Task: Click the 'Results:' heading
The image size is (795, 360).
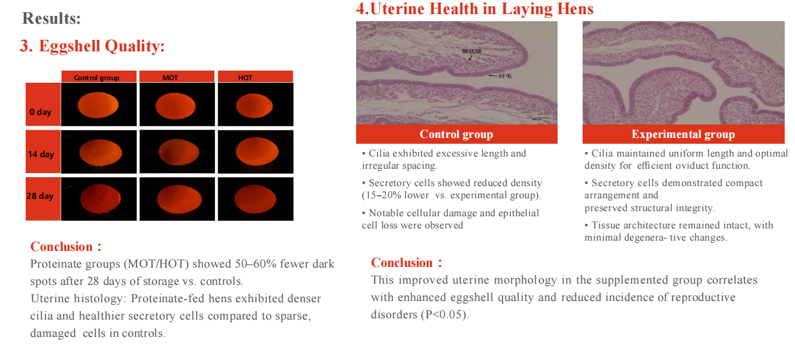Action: [51, 19]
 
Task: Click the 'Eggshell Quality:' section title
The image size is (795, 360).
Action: [101, 46]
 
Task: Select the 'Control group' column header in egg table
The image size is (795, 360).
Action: [99, 77]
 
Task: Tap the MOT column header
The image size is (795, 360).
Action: [176, 77]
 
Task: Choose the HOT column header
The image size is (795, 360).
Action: [255, 77]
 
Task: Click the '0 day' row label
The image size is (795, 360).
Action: [40, 112]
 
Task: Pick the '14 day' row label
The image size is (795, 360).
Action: [41, 154]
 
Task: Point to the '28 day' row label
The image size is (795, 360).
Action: [40, 196]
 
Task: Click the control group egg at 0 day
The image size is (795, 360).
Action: [98, 105]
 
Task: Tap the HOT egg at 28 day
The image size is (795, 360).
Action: [255, 199]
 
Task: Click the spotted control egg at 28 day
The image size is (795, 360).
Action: [101, 198]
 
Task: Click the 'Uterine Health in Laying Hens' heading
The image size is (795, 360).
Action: [475, 9]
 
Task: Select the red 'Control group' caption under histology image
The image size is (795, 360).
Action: [456, 134]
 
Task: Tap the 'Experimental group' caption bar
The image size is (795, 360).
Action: [683, 134]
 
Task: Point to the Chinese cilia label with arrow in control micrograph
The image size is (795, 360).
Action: [500, 76]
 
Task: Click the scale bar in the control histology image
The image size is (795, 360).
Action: [538, 117]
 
